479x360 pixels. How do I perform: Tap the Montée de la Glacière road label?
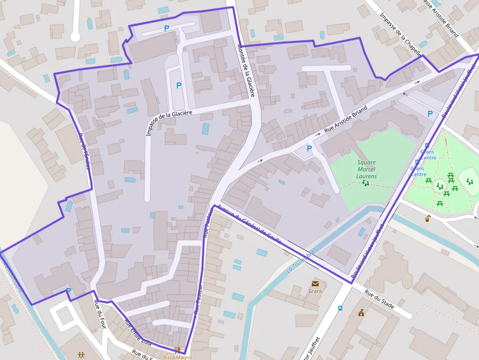pyautogui.click(x=245, y=70)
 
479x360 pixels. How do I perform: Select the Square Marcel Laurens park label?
pyautogui.click(x=367, y=169)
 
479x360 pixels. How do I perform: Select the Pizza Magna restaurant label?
pyautogui.click(x=177, y=357)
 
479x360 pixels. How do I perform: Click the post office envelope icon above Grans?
pyautogui.click(x=315, y=283)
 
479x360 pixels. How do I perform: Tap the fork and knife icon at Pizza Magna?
pyautogui.click(x=178, y=349)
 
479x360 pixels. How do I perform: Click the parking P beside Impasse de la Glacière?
pyautogui.click(x=179, y=85)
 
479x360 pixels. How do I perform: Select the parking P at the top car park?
pyautogui.click(x=167, y=29)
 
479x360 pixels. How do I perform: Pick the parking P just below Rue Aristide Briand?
pyautogui.click(x=309, y=148)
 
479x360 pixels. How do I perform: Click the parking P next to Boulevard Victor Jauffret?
pyautogui.click(x=430, y=114)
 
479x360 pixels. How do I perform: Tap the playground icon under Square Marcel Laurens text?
pyautogui.click(x=365, y=183)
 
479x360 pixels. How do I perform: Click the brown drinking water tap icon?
pyautogui.click(x=428, y=218)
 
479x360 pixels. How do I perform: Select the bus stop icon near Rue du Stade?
pyautogui.click(x=340, y=308)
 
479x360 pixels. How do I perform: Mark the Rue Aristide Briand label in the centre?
pyautogui.click(x=345, y=120)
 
